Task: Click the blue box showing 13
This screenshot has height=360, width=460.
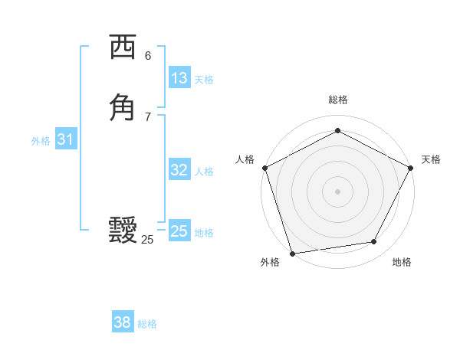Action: point(179,78)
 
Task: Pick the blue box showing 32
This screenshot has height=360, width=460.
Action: point(179,170)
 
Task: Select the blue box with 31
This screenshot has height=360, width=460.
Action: point(65,139)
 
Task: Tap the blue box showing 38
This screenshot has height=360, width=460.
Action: point(122,322)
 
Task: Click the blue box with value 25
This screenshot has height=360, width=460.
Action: point(179,231)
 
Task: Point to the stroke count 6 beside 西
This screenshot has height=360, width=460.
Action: point(148,56)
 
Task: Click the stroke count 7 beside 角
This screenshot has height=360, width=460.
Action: point(148,116)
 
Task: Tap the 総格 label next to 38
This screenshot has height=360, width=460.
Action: point(147,324)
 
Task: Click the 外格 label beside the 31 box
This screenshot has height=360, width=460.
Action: point(41,141)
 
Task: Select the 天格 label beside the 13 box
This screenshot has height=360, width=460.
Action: point(204,80)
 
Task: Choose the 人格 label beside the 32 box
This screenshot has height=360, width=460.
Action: point(204,172)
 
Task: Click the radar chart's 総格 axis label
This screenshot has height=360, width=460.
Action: point(337,100)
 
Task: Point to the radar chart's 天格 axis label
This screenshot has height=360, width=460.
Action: point(432,159)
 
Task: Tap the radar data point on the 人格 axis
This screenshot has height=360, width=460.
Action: point(264,168)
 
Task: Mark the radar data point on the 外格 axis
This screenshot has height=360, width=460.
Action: point(292,252)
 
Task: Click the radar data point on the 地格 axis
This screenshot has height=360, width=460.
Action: point(374,242)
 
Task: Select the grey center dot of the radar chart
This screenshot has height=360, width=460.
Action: point(337,191)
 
